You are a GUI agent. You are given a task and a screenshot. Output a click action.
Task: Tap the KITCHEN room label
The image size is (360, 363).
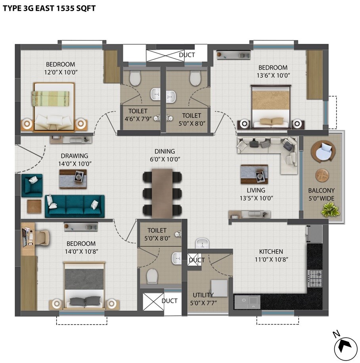(271, 252)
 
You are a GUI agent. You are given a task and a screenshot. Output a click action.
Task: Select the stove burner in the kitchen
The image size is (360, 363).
(315, 278)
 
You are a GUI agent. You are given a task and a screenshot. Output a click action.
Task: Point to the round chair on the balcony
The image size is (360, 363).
(323, 151)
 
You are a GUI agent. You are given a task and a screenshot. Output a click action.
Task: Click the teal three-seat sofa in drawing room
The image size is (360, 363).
(75, 206)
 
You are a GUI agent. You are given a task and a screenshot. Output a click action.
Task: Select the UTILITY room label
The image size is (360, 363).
(203, 295)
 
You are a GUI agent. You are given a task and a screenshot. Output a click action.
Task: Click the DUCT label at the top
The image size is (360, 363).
(187, 55)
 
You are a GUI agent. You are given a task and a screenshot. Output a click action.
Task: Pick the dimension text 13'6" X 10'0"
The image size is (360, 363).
(273, 75)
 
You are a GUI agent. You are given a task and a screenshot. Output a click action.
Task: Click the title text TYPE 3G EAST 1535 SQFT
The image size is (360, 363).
(50, 8)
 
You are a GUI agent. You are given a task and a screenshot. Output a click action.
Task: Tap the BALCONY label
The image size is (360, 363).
(322, 191)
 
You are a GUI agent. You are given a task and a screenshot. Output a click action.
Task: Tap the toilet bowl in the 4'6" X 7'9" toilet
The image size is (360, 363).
(135, 78)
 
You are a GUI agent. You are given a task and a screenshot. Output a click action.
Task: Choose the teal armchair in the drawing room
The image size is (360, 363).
(32, 185)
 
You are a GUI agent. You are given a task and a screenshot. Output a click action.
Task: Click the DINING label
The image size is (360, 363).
(165, 151)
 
